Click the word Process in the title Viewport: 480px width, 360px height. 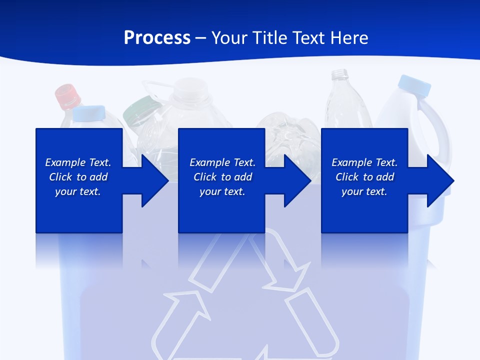click(157, 38)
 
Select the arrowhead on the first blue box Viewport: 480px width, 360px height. click(153, 180)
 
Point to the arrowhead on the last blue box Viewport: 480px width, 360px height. click(439, 180)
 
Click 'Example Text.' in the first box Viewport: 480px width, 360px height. click(78, 162)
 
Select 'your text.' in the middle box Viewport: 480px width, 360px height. click(222, 191)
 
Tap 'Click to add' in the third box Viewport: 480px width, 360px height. click(364, 177)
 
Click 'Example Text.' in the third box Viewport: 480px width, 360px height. click(364, 162)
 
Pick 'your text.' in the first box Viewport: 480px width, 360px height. click(78, 191)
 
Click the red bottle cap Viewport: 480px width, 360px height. click(67, 96)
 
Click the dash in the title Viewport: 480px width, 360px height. click(200, 38)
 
